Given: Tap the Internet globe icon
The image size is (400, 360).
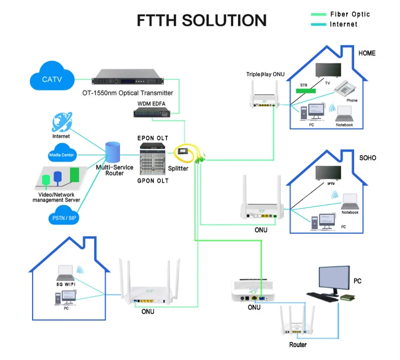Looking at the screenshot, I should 61,122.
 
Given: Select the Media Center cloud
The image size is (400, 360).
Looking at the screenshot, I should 61,155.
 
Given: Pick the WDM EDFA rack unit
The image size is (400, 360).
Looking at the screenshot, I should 154,112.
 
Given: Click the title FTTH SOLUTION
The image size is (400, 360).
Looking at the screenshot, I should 202,20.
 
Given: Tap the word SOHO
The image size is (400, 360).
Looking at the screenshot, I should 367,158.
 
